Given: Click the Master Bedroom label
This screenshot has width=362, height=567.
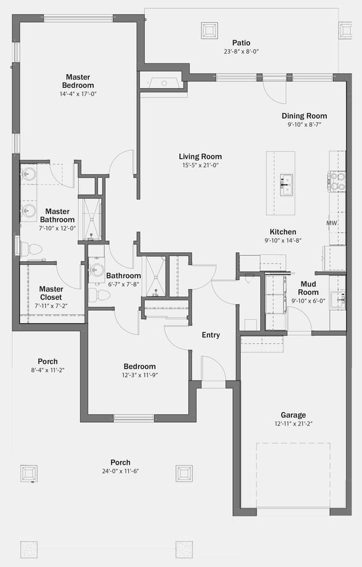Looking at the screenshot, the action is (78, 81).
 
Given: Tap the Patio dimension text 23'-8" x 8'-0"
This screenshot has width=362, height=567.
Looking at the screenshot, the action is (241, 52).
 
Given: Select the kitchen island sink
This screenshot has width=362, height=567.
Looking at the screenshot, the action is (286, 185).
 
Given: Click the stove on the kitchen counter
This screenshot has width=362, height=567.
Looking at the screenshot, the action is (337, 181).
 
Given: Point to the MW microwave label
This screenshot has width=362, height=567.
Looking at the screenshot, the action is (332, 223).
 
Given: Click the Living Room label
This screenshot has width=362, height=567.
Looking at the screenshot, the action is (200, 157).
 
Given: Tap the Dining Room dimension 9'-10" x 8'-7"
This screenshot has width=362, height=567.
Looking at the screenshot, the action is (305, 125).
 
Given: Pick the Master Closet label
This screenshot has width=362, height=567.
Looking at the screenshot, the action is (51, 293).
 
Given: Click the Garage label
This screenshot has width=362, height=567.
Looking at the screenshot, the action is (293, 415).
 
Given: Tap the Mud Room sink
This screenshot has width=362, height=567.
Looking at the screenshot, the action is (338, 299).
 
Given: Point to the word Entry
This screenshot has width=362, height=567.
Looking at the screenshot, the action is (211, 335).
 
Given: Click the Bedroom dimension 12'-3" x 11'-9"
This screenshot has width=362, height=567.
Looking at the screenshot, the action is (140, 375).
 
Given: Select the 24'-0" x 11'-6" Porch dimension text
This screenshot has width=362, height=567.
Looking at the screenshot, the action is (121, 471).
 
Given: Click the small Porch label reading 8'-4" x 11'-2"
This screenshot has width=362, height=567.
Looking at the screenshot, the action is (48, 370).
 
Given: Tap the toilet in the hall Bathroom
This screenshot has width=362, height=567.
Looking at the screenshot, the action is (99, 295).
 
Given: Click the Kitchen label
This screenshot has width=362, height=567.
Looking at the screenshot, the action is (283, 232).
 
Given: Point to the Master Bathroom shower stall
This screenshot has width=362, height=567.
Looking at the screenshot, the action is (91, 219).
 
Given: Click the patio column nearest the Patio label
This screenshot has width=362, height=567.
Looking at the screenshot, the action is (209, 31).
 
